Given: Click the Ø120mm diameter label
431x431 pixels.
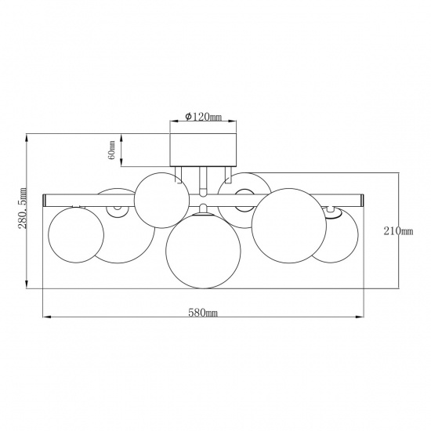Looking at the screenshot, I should pyautogui.click(x=203, y=117).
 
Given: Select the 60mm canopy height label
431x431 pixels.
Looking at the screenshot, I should pyautogui.click(x=112, y=150).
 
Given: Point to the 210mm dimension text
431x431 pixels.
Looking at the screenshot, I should pyautogui.click(x=400, y=230).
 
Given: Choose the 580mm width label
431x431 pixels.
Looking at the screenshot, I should pyautogui.click(x=203, y=312).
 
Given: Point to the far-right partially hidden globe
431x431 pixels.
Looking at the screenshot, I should pyautogui.click(x=337, y=235).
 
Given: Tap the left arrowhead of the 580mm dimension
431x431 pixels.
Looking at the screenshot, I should pyautogui.click(x=44, y=318).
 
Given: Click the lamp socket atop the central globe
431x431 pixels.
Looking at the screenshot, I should pyautogui.click(x=203, y=209).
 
